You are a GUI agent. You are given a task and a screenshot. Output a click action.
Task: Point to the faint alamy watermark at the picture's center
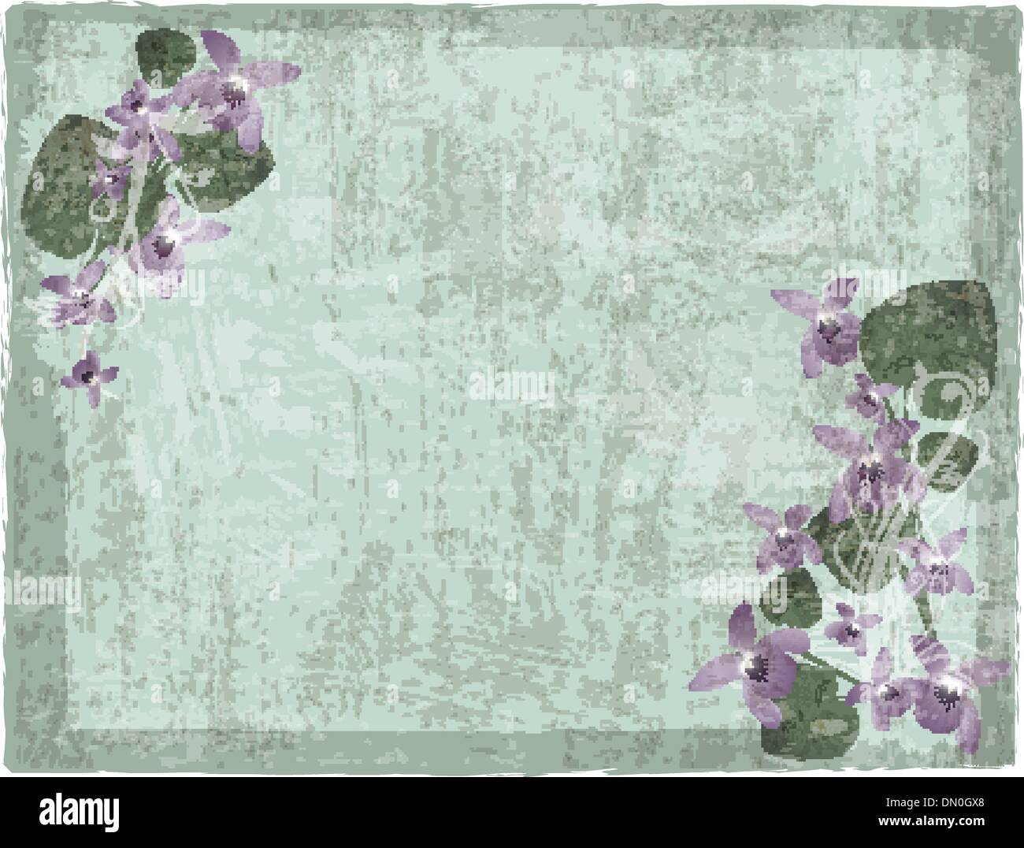pos(512,385)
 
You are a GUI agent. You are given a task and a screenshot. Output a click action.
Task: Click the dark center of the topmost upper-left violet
pos(235,95)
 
